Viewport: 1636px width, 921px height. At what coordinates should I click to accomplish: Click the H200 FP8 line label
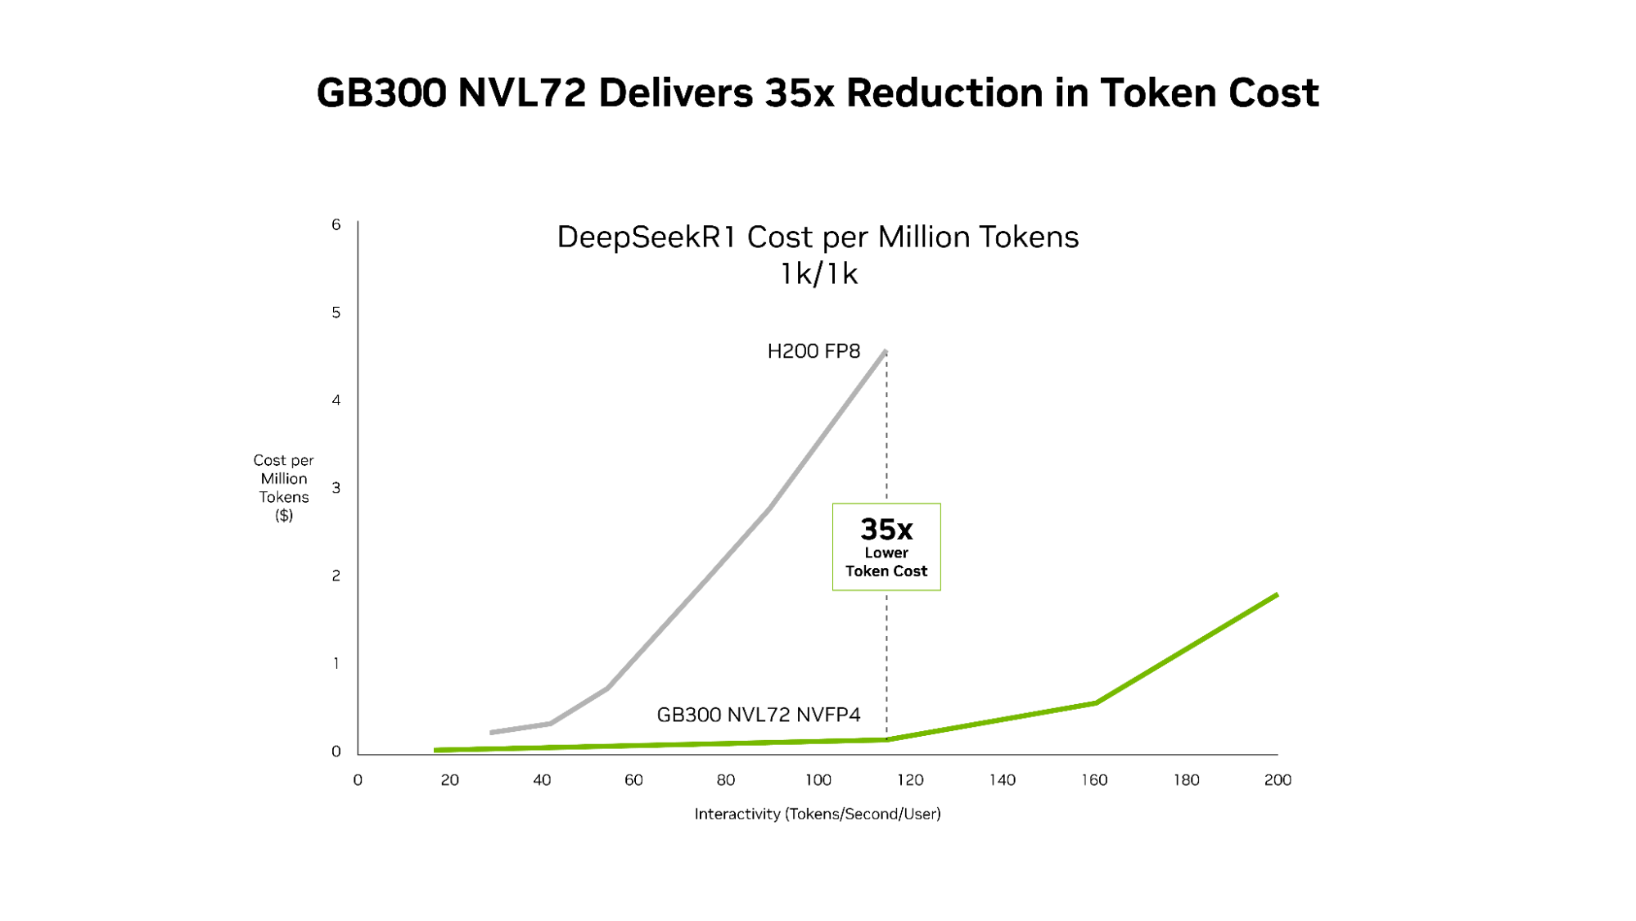pyautogui.click(x=813, y=351)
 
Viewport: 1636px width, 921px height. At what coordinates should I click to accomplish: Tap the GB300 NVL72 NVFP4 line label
pyautogui.click(x=758, y=715)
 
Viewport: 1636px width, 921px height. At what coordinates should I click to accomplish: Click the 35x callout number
pyautogui.click(x=886, y=530)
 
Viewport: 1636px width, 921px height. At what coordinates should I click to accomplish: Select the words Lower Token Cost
pyautogui.click(x=886, y=562)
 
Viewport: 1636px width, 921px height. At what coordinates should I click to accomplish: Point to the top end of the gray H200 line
pyautogui.click(x=885, y=352)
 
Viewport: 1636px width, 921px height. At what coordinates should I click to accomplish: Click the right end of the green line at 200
pyautogui.click(x=1276, y=595)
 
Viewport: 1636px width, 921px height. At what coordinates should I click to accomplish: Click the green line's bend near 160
pyautogui.click(x=1095, y=702)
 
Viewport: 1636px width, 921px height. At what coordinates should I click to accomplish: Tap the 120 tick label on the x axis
pyautogui.click(x=910, y=780)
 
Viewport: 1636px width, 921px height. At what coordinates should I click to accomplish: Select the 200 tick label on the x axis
pyautogui.click(x=1278, y=780)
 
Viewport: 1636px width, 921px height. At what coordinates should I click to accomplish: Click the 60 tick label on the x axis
pyautogui.click(x=633, y=780)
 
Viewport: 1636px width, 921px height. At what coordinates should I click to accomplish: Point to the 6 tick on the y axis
pyautogui.click(x=336, y=224)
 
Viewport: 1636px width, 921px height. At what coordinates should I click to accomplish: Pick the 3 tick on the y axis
pyautogui.click(x=336, y=488)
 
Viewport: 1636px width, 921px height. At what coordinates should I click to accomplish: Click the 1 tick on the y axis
pyautogui.click(x=336, y=663)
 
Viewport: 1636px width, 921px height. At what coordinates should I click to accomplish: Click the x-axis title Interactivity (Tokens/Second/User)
pyautogui.click(x=818, y=814)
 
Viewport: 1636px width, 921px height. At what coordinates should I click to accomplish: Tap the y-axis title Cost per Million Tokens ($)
pyautogui.click(x=283, y=487)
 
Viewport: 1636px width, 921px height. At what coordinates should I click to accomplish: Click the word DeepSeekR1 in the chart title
pyautogui.click(x=647, y=237)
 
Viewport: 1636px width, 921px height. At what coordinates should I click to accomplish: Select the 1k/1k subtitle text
pyautogui.click(x=818, y=273)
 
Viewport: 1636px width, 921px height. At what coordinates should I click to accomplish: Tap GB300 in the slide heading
pyautogui.click(x=381, y=93)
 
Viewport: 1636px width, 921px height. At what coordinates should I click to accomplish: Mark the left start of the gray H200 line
pyautogui.click(x=492, y=732)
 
